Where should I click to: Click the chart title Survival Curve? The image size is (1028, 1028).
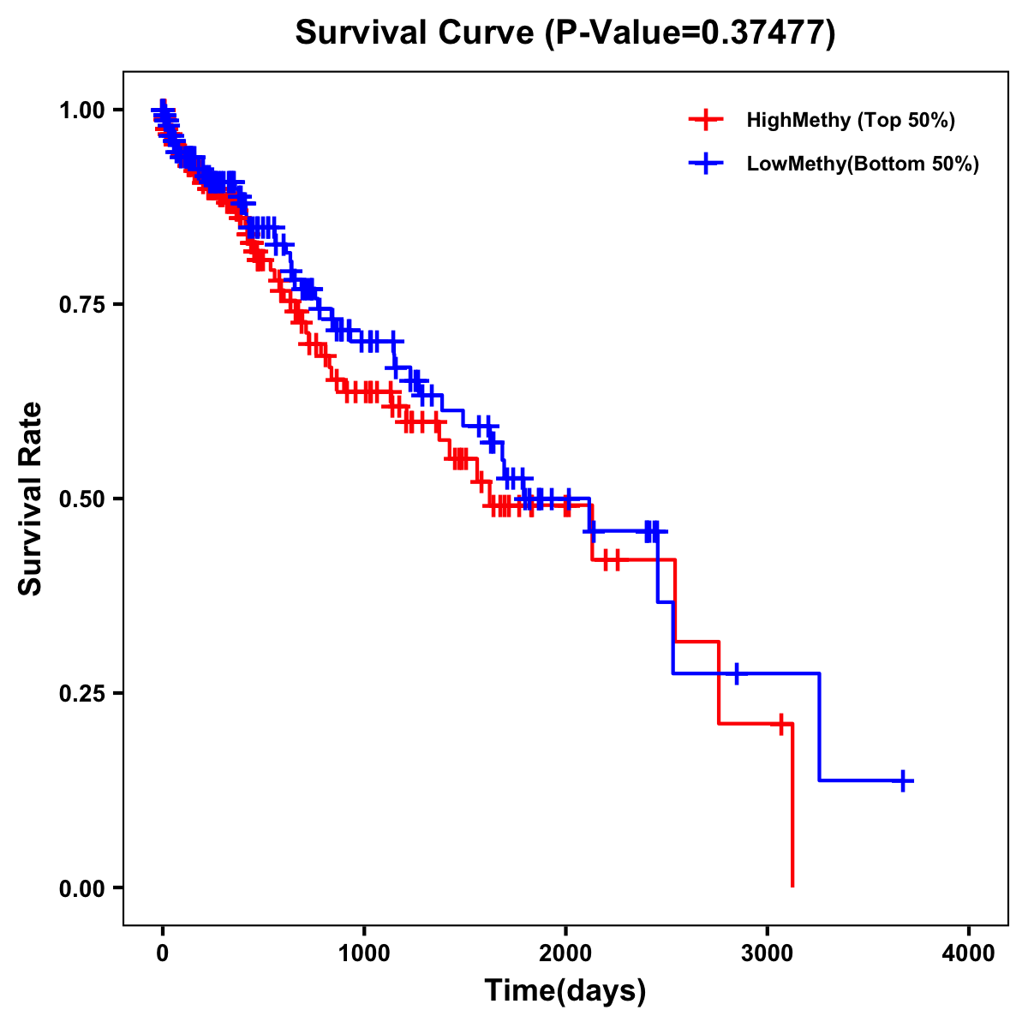[417, 33]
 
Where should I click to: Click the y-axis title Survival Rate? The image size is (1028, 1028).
[31, 499]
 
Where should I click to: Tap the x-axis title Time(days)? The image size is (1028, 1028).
[565, 990]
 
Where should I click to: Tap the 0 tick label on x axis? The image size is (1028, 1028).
[163, 953]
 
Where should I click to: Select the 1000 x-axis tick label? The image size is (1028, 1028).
[364, 953]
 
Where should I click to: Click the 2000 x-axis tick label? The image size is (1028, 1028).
[565, 953]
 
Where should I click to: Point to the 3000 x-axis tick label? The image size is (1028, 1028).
[767, 953]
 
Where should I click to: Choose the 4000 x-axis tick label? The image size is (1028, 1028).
[969, 953]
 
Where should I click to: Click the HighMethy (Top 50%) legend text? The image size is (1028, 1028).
[851, 120]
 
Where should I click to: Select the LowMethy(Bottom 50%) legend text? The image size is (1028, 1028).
[863, 164]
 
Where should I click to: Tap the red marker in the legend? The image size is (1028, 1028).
[705, 120]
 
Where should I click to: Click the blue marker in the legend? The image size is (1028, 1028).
[705, 164]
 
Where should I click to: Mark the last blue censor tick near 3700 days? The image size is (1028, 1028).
[903, 780]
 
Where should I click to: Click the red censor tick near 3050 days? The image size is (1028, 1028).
[780, 724]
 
